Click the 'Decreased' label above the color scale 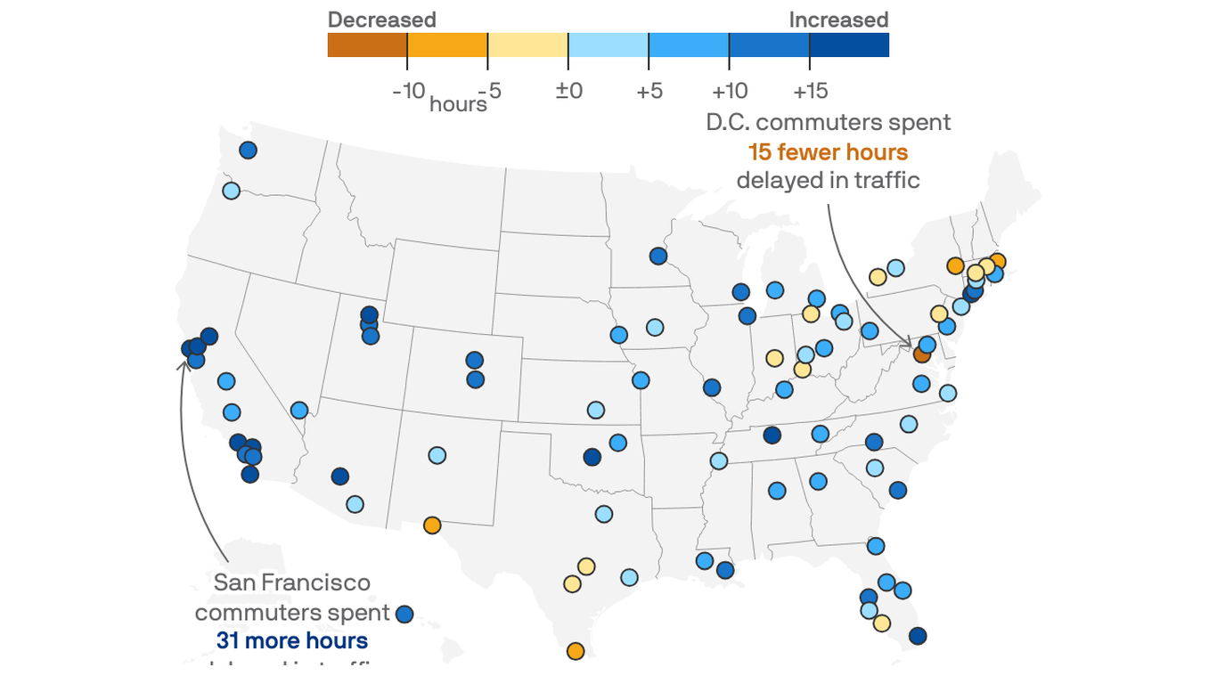point(381,20)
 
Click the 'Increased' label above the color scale point(838,20)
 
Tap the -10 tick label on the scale point(408,91)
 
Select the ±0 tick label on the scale point(568,91)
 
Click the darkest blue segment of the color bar point(849,45)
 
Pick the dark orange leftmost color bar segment point(367,45)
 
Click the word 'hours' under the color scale point(458,104)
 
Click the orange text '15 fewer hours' point(828,151)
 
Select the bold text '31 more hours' point(291,640)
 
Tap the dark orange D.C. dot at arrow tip point(922,354)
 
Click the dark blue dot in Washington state point(248,151)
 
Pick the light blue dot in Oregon point(231,191)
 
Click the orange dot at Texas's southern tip point(576,651)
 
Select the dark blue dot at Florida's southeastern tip point(918,636)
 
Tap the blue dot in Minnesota point(658,256)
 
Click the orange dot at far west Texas point(432,525)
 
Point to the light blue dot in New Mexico point(437,455)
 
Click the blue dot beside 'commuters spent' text point(404,614)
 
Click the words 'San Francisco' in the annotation point(291,582)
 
